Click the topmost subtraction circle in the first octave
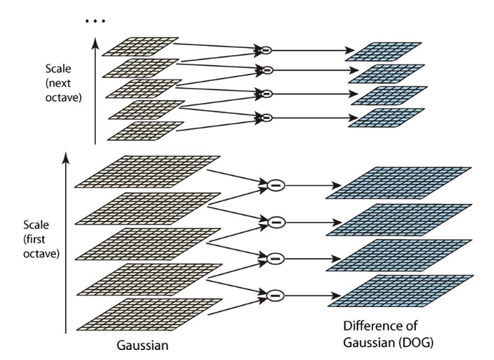coord(275,185)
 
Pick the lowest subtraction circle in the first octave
coord(275,293)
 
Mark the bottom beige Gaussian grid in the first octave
coord(146,313)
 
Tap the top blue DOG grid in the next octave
coord(387,52)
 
